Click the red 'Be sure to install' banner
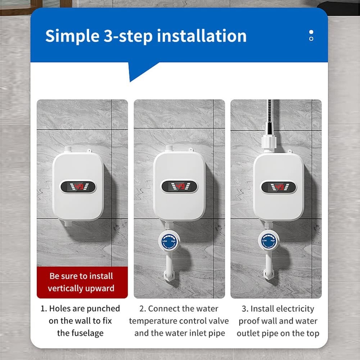[x=82, y=282]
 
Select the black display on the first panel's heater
[x=78, y=186]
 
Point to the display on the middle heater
[x=179, y=186]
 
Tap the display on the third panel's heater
[x=278, y=187]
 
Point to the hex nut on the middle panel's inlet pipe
[x=169, y=275]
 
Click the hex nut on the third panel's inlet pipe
[x=268, y=274]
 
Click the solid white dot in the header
[x=311, y=32]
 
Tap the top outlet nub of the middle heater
[x=169, y=148]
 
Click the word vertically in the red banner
[x=66, y=288]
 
